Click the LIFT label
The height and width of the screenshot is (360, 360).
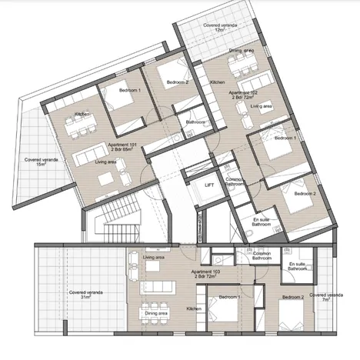point(208,185)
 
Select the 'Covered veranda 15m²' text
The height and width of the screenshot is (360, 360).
point(37,165)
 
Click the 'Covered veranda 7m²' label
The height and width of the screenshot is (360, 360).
point(324,297)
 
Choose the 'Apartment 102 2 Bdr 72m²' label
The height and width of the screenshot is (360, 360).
point(238,95)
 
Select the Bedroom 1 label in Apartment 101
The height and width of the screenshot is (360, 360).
point(129,92)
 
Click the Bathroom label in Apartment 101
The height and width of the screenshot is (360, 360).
point(195,122)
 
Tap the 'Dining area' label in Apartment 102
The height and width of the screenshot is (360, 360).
point(241,51)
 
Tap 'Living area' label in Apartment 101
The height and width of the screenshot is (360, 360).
point(105,162)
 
